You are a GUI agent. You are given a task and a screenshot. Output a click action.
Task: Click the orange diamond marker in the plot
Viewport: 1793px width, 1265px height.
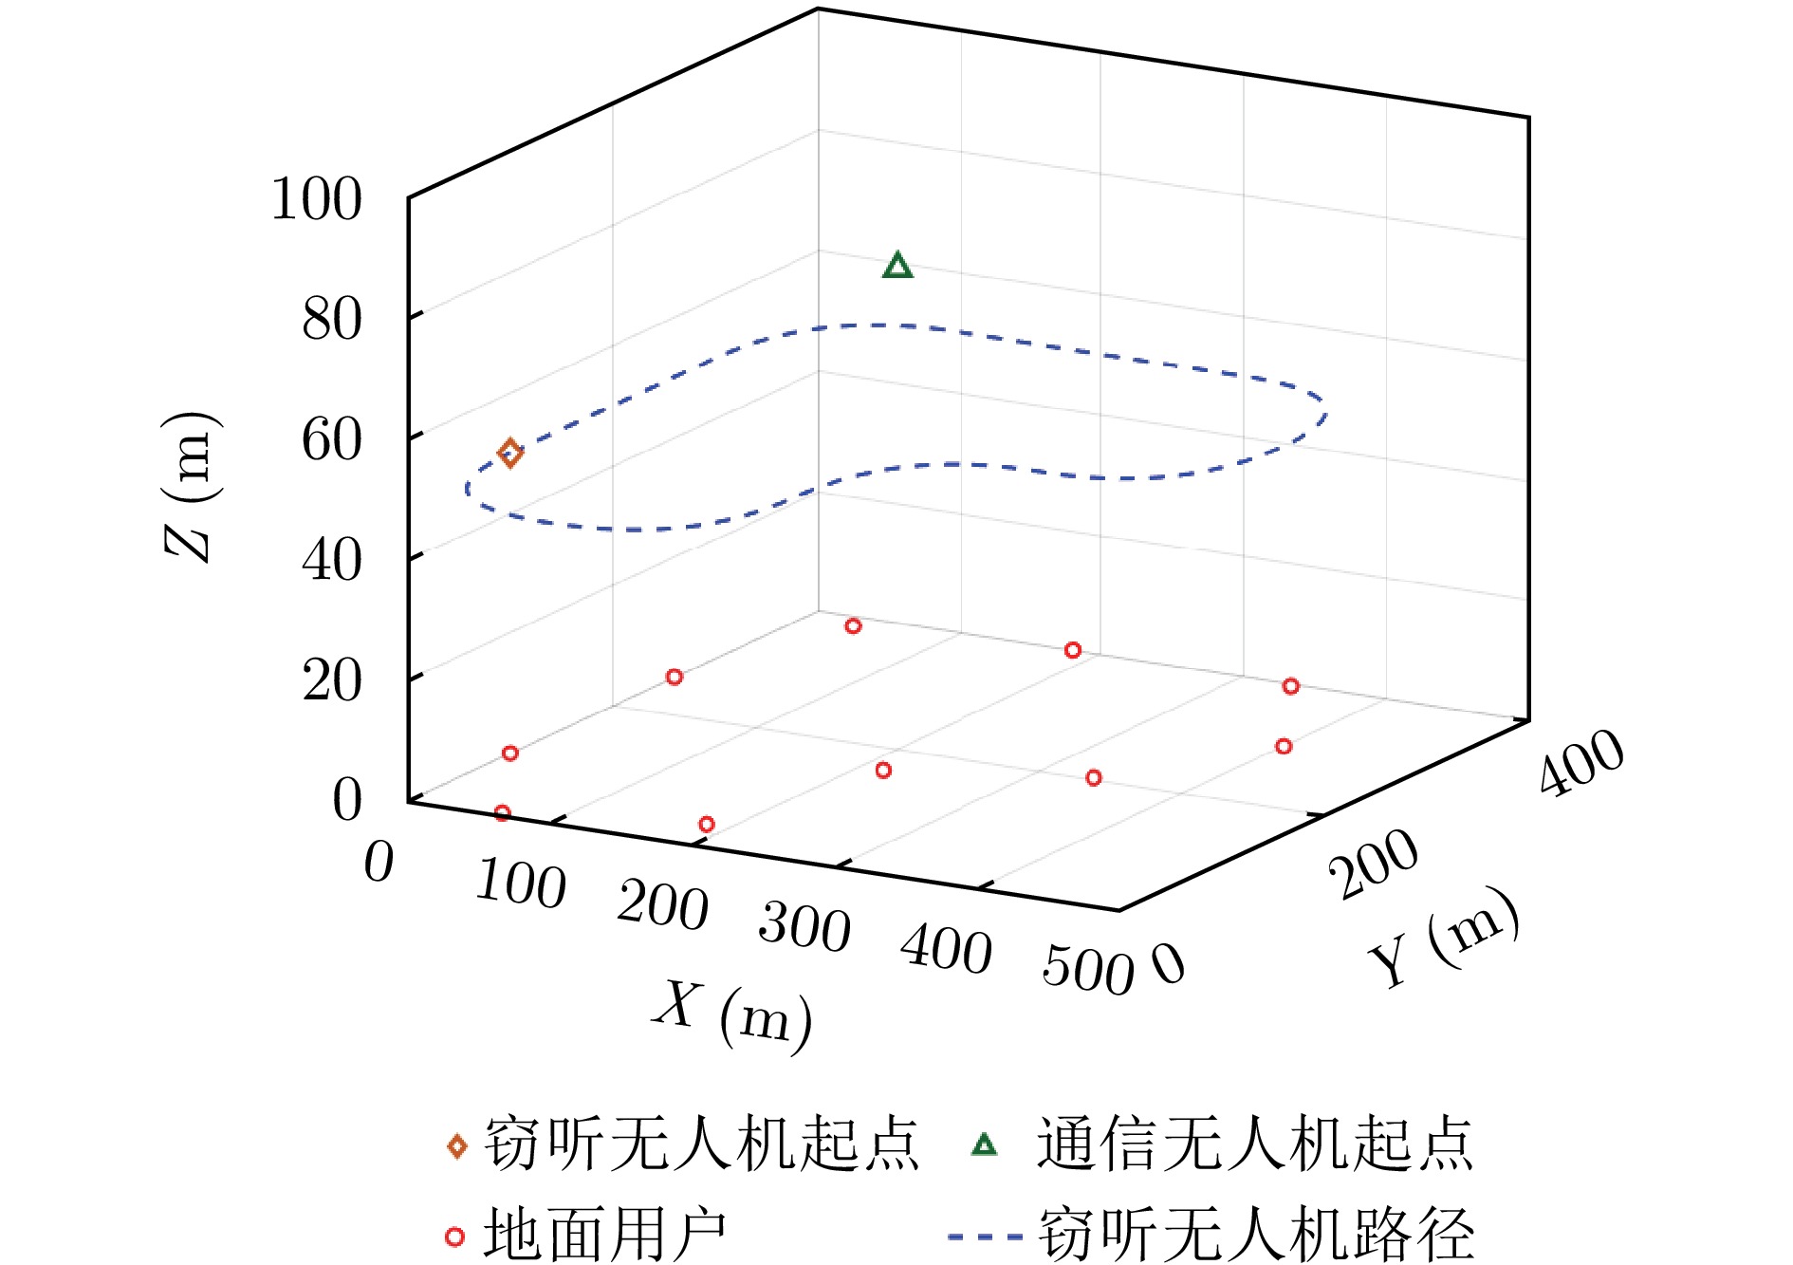[x=510, y=453]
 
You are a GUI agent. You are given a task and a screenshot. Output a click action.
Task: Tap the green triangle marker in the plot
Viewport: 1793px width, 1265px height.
[x=897, y=267]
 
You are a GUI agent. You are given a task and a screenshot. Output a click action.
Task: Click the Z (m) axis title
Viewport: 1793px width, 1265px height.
[x=190, y=487]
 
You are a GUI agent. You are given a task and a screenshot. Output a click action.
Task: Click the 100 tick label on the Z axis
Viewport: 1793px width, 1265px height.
[x=317, y=199]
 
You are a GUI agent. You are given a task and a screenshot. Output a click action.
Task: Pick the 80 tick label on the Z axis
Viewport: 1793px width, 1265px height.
[x=332, y=320]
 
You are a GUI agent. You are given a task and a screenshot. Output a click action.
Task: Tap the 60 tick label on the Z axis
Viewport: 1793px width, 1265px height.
[x=332, y=440]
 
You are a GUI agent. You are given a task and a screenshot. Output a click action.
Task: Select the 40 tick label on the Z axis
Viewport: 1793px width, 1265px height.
[x=332, y=561]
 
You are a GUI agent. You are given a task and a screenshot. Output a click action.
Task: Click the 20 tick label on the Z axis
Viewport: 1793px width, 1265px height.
[x=332, y=681]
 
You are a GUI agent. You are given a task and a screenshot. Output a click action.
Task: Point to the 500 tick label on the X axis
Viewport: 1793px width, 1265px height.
[x=1087, y=971]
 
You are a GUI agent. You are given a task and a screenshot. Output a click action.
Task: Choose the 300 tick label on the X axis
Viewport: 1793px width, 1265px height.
[x=804, y=926]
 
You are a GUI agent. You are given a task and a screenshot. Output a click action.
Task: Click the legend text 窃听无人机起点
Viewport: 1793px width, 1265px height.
[x=702, y=1144]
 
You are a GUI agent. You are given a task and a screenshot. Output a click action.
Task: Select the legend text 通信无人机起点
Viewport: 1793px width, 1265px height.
[x=1254, y=1144]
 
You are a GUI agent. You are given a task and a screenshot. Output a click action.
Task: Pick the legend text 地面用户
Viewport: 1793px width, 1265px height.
[x=605, y=1236]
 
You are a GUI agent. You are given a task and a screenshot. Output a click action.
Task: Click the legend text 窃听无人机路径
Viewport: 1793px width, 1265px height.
[x=1256, y=1236]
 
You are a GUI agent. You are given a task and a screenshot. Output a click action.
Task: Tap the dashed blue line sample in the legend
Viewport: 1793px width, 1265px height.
[x=985, y=1237]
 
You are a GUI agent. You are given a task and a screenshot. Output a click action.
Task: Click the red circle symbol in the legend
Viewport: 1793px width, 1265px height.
[x=455, y=1237]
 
